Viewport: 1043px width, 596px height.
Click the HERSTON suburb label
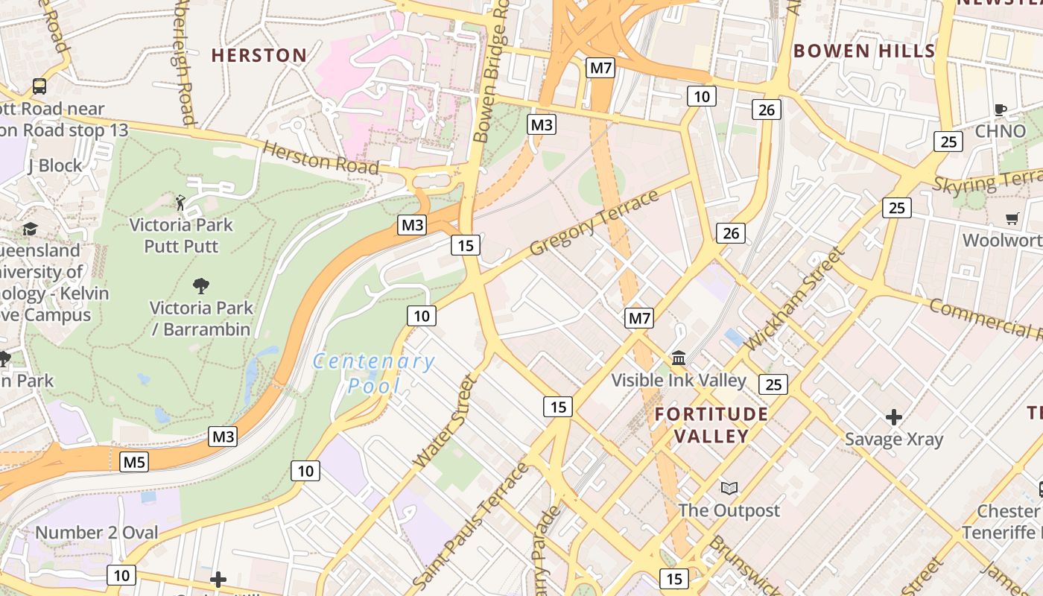click(x=259, y=55)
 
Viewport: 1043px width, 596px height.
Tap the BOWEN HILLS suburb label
click(x=863, y=51)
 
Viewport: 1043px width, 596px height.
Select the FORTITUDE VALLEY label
click(x=711, y=425)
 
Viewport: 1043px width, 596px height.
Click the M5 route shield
click(x=134, y=462)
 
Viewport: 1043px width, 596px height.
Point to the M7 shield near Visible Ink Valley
click(x=639, y=319)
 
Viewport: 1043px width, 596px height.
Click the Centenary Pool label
click(x=374, y=373)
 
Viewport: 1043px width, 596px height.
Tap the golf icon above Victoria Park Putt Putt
click(x=180, y=202)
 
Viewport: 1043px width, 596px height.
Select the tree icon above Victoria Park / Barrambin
click(x=200, y=285)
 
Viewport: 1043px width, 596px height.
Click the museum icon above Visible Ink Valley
click(x=679, y=358)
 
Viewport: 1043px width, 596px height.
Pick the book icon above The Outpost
click(x=729, y=489)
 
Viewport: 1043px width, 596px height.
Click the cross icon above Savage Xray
click(x=894, y=416)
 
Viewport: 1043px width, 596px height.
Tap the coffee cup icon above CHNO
click(x=1001, y=110)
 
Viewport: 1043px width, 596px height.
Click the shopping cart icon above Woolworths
click(x=1012, y=218)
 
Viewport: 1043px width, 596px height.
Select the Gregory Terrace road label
click(x=594, y=222)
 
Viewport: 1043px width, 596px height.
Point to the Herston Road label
click(x=321, y=159)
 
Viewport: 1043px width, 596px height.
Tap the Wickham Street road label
click(x=796, y=298)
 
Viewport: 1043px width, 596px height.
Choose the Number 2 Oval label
click(x=97, y=533)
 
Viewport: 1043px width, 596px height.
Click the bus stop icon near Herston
click(x=39, y=86)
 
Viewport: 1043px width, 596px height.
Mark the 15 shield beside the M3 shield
click(x=466, y=245)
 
